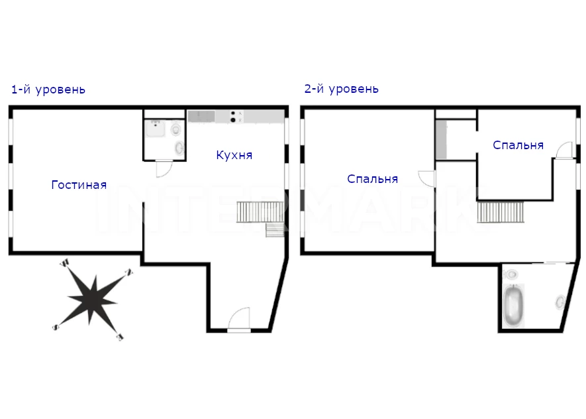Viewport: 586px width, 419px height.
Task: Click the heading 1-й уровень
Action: (x=48, y=90)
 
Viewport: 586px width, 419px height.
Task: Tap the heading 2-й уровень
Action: (x=342, y=89)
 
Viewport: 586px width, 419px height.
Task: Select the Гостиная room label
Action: (x=79, y=185)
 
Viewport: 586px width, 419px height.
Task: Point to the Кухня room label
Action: (x=234, y=155)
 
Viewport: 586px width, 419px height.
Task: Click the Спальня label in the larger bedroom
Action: (x=373, y=179)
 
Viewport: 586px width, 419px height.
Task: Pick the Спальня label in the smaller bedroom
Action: (x=518, y=145)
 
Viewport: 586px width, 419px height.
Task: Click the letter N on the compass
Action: (x=129, y=272)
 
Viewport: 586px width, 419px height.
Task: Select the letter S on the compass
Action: (x=56, y=328)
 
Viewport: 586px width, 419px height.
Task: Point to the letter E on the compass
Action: (x=120, y=337)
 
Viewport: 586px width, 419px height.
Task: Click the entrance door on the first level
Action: (x=239, y=320)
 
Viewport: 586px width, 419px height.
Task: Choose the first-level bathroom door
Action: (x=164, y=169)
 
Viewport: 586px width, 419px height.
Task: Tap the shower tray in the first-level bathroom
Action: (x=156, y=129)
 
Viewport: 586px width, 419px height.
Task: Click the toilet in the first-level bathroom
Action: (x=175, y=129)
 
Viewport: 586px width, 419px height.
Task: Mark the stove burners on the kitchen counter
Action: (x=233, y=116)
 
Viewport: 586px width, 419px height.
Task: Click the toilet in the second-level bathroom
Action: (x=511, y=275)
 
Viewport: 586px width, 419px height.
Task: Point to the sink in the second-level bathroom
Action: (x=560, y=302)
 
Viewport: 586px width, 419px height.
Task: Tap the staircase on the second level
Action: (x=501, y=212)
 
